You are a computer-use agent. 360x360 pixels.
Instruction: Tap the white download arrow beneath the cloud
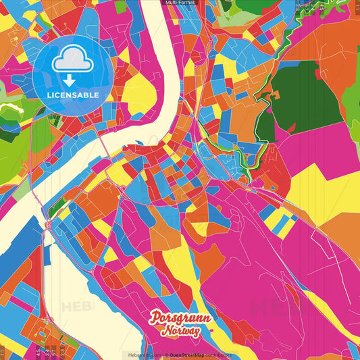pos(68,80)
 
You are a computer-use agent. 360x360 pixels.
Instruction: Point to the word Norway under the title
pos(180,331)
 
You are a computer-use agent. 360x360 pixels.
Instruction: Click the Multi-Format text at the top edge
pos(180,3)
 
